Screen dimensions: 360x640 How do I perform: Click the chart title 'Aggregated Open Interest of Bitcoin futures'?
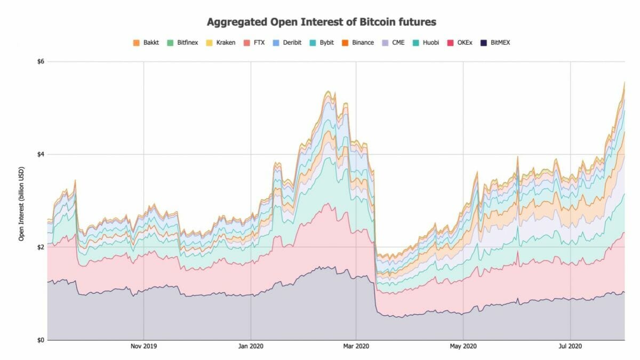(x=322, y=22)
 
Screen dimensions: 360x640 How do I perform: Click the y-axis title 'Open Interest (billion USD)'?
(x=22, y=201)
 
